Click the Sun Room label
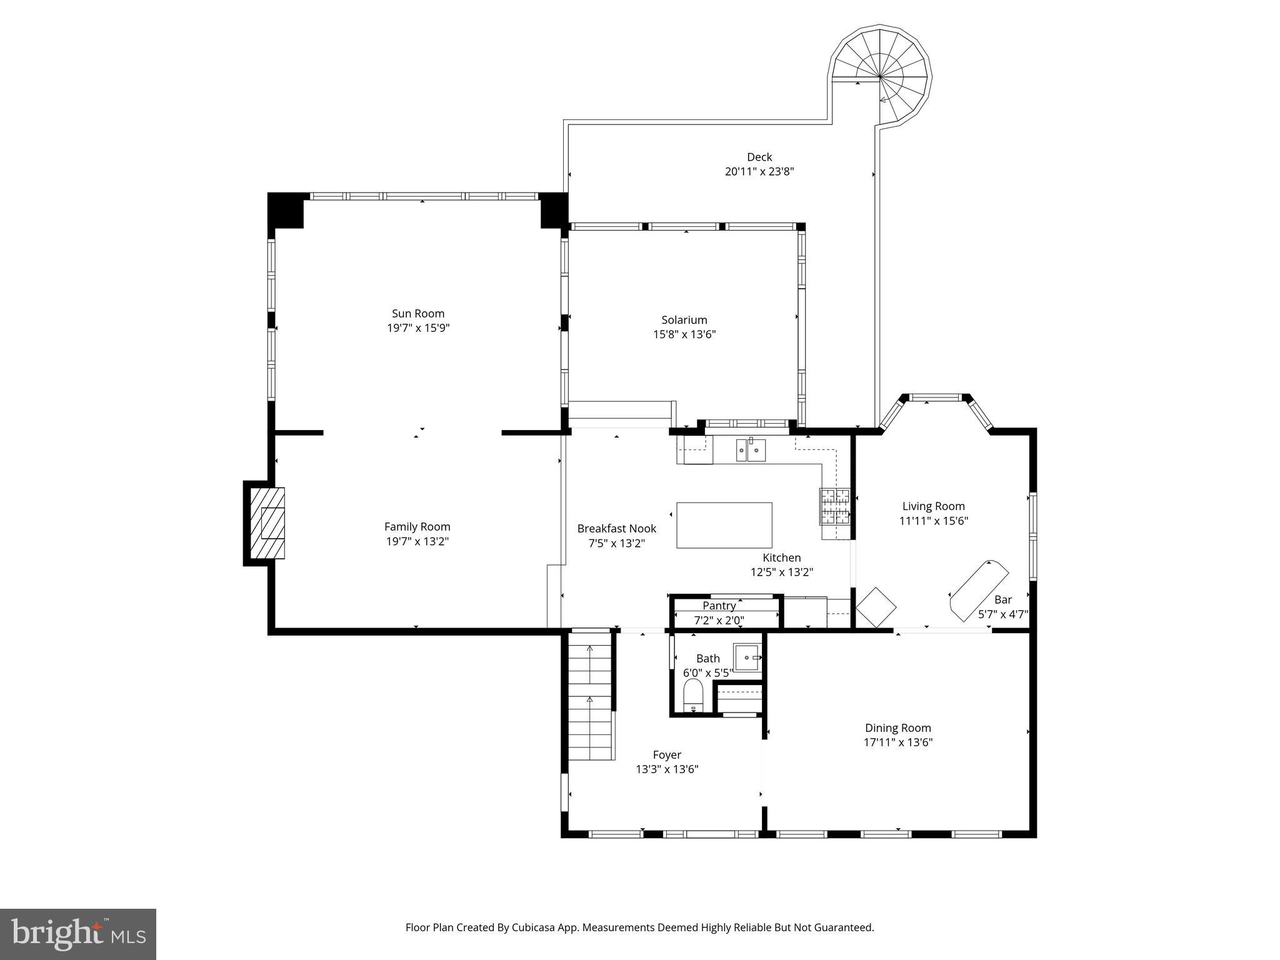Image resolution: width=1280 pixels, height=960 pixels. tap(417, 314)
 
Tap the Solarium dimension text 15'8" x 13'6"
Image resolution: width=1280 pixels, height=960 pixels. tap(684, 334)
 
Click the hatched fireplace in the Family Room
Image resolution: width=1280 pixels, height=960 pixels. tap(267, 523)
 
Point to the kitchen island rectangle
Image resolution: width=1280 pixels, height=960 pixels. tap(724, 525)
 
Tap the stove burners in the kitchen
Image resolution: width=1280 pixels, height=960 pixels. tap(835, 507)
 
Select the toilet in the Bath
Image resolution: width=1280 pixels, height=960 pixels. tap(693, 696)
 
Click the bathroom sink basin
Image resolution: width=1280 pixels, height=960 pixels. tap(747, 658)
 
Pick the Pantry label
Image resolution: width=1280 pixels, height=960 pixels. tap(719, 606)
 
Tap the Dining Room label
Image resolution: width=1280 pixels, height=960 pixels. tap(897, 728)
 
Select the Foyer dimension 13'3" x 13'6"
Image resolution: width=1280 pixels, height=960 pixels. tap(667, 769)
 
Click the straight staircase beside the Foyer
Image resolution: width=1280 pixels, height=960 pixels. tap(589, 694)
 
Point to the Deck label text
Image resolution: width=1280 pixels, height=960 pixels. tap(759, 157)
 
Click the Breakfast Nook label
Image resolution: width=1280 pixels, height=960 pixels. tap(616, 529)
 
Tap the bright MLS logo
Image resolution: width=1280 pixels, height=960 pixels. tap(78, 934)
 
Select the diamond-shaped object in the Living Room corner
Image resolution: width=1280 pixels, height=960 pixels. tap(875, 607)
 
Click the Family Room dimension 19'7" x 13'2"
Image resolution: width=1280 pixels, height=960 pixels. tap(417, 541)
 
